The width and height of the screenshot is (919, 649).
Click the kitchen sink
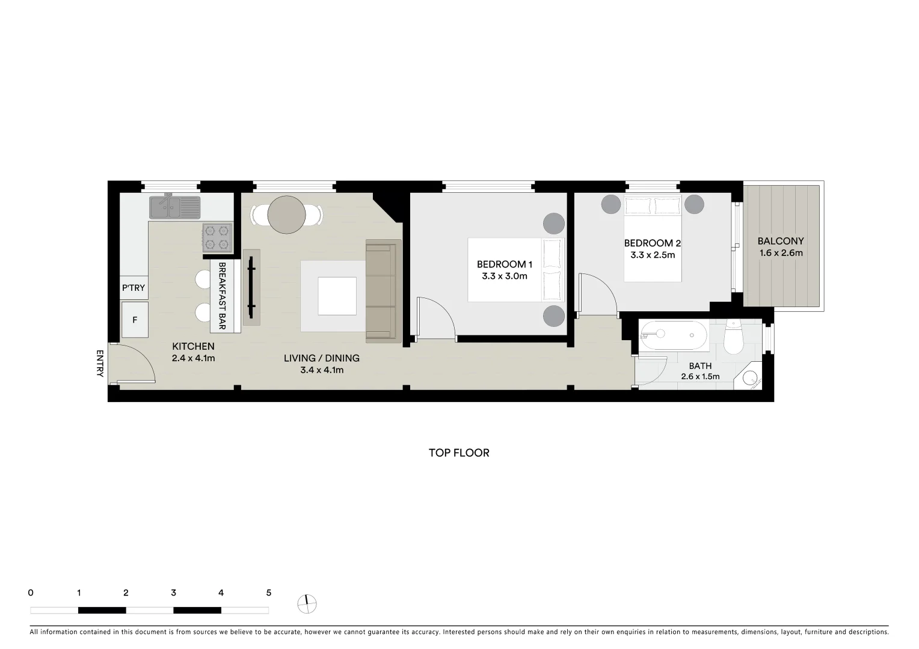click(x=174, y=207)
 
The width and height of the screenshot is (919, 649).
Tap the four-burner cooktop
click(x=217, y=237)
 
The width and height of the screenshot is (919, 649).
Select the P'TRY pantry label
click(x=134, y=288)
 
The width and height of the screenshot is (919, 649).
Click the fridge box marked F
click(x=135, y=320)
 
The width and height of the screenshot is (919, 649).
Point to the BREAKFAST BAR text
click(x=222, y=296)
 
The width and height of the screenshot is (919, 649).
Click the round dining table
click(x=287, y=215)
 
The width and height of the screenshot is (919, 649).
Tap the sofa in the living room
click(x=383, y=291)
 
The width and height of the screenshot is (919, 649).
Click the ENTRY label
click(x=100, y=364)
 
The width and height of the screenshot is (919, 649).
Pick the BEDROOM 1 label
click(x=504, y=264)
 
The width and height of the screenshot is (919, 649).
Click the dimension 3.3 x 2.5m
click(x=653, y=255)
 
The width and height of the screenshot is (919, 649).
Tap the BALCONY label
click(x=780, y=241)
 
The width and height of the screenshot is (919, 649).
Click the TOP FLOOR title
click(x=459, y=453)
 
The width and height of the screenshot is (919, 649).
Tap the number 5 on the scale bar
click(x=268, y=593)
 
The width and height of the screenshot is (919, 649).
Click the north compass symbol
click(x=307, y=603)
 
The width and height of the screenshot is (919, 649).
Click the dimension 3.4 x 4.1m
click(x=322, y=370)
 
